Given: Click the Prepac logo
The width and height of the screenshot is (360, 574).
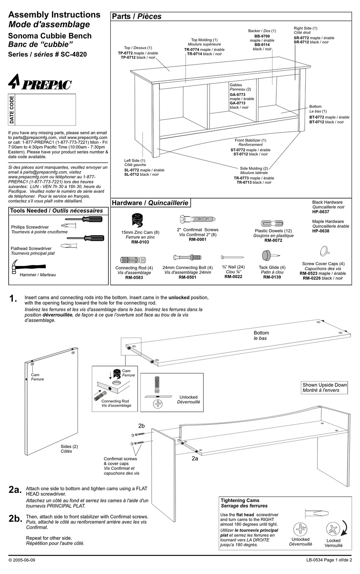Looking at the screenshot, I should coord(40,83).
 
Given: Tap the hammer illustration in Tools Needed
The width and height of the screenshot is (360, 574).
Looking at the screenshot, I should coord(17,267).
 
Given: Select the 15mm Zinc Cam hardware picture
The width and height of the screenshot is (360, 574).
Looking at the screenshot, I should coord(137,220).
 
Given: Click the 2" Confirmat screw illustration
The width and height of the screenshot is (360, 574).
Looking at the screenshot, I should coord(197,219).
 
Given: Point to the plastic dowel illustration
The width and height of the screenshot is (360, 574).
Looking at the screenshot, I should coord(272,223).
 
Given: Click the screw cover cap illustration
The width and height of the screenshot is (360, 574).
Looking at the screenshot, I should coord(324,251).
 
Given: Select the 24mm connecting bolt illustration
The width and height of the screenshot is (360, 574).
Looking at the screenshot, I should coord(187,258).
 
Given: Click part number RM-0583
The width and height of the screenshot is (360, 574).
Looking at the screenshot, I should coord(134,278).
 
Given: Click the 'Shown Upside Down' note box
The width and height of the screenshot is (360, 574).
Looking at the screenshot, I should coord(325,388).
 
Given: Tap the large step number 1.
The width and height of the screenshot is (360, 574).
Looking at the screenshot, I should coord(13,299).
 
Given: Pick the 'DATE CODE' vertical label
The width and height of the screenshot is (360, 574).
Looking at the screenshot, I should coord(12,109).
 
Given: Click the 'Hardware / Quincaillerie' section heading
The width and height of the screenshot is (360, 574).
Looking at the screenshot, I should coord(150,203).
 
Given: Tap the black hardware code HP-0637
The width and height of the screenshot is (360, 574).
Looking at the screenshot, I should coord(321,212).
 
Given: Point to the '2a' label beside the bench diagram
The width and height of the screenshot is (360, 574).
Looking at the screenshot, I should coord(195,458).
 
